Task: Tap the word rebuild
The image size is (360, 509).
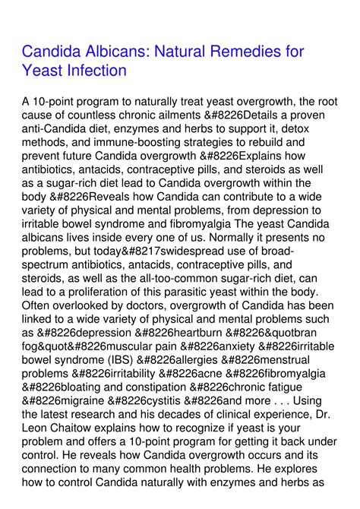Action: tap(283, 141)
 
